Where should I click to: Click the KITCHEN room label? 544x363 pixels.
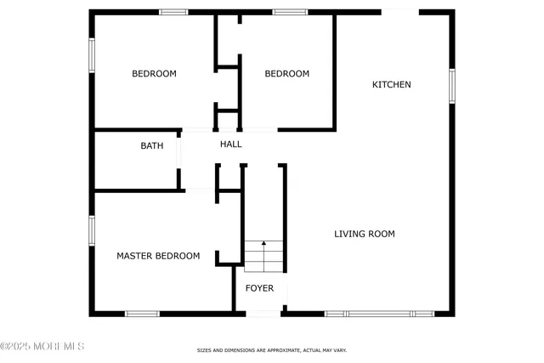(x=392, y=84)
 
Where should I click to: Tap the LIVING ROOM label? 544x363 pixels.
(x=364, y=234)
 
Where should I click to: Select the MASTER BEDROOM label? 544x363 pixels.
(x=158, y=256)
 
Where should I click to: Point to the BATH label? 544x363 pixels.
(x=152, y=146)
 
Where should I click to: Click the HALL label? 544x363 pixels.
(x=231, y=145)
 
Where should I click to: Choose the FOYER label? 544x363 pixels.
(x=260, y=288)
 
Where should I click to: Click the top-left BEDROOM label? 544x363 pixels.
(x=154, y=74)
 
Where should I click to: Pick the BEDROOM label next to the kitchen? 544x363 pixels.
(x=286, y=74)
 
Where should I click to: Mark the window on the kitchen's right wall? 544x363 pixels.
(x=452, y=85)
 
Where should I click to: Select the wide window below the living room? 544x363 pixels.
(x=380, y=314)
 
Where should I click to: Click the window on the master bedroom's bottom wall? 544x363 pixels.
(x=142, y=314)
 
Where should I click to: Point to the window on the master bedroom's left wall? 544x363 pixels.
(x=92, y=230)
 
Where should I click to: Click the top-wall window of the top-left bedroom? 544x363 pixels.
(x=173, y=12)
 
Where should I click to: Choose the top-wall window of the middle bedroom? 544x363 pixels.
(x=290, y=12)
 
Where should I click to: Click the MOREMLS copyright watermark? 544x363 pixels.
(x=42, y=346)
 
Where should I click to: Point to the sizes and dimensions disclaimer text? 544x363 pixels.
(x=272, y=350)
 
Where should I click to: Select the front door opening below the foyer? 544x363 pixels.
(x=263, y=314)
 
